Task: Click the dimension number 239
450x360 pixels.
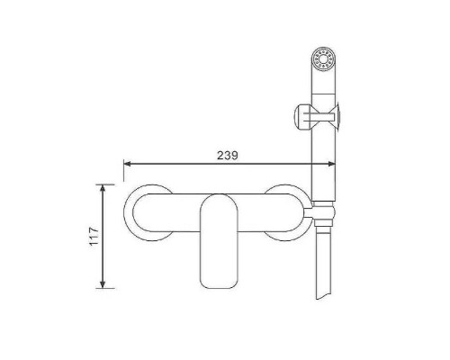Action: pos(228,156)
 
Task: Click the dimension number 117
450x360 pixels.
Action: pos(94,236)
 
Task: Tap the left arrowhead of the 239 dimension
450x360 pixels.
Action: pos(127,164)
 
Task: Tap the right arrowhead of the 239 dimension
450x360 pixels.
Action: pos(332,164)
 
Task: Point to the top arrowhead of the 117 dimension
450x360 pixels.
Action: pos(103,188)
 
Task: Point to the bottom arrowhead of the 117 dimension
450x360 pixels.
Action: pos(103,284)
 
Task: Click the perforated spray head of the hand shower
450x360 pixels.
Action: pos(323,58)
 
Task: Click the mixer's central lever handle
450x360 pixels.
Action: pos(219,241)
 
